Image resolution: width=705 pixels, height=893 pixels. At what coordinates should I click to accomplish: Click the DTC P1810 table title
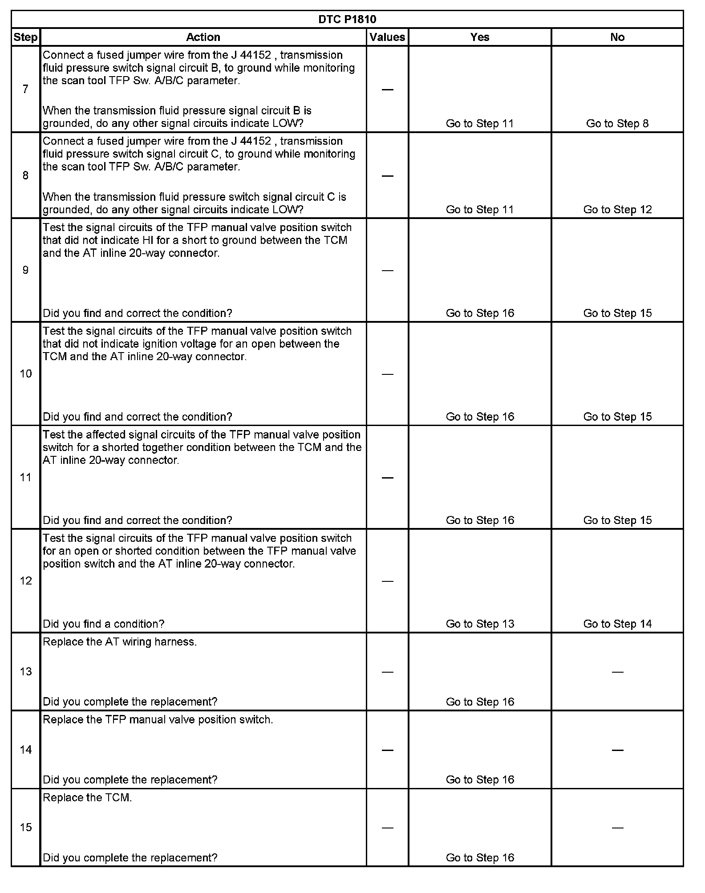(x=347, y=20)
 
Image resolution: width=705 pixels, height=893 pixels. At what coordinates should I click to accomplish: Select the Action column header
(x=203, y=37)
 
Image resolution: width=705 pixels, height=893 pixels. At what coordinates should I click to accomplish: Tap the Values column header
(x=387, y=37)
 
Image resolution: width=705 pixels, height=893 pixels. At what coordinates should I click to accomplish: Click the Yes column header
(x=480, y=37)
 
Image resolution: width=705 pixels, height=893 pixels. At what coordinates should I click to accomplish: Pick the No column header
(x=617, y=37)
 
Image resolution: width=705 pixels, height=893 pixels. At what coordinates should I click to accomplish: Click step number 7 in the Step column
(x=26, y=89)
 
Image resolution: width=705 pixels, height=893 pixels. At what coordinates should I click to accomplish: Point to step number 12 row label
(x=26, y=581)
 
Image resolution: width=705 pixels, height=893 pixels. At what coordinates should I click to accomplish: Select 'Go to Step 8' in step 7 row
(x=617, y=124)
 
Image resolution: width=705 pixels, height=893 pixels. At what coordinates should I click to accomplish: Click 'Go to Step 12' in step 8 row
(x=617, y=210)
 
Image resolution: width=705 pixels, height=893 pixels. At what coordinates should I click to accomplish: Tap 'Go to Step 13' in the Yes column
(x=480, y=624)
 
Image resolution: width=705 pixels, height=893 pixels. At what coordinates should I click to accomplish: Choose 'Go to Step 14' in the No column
(x=617, y=624)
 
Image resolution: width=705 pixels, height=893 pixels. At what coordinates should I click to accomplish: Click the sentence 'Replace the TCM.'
(x=87, y=798)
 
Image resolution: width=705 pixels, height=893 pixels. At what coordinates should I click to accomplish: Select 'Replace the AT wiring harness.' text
(x=120, y=642)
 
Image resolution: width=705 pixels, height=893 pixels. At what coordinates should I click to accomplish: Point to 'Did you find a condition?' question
(x=103, y=624)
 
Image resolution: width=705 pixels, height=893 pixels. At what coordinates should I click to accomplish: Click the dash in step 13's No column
(x=617, y=672)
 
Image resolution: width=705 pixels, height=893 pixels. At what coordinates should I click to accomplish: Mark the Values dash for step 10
(x=388, y=374)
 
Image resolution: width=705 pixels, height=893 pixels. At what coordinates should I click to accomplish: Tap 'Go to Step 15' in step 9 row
(x=617, y=313)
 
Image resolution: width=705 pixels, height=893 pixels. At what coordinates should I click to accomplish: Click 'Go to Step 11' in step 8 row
(x=480, y=210)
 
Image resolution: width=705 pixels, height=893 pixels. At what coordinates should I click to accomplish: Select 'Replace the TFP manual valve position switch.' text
(x=158, y=720)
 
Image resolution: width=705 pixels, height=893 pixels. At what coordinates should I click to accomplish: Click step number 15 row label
(x=26, y=828)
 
